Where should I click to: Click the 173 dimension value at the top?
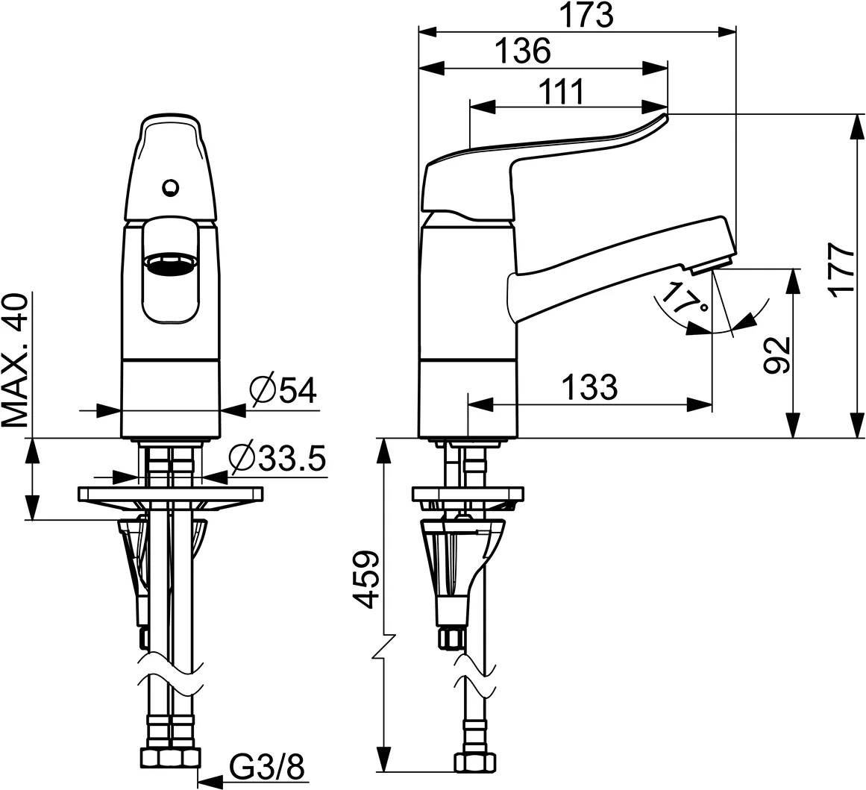pyautogui.click(x=588, y=15)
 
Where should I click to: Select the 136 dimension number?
pyautogui.click(x=522, y=51)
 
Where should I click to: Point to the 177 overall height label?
pyautogui.click(x=844, y=269)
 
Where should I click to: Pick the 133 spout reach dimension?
pyautogui.click(x=589, y=386)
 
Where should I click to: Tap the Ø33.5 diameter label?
pyautogui.click(x=277, y=459)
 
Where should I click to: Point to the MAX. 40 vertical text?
pyautogui.click(x=16, y=360)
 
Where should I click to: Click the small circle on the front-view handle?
pyautogui.click(x=171, y=186)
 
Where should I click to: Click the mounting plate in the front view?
pyautogui.click(x=171, y=493)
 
